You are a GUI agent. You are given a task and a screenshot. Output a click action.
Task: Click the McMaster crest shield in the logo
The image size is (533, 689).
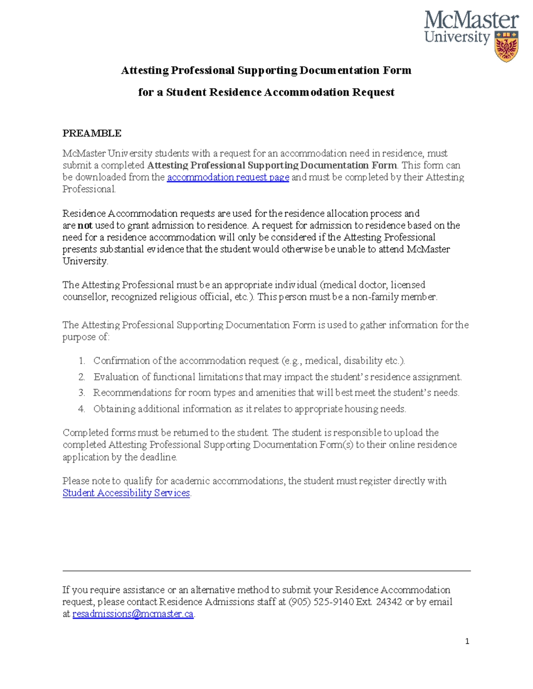pyautogui.click(x=506, y=47)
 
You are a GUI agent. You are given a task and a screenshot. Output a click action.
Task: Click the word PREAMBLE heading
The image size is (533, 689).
pyautogui.click(x=92, y=134)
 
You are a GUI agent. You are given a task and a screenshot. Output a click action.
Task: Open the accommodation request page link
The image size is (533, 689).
pyautogui.click(x=228, y=177)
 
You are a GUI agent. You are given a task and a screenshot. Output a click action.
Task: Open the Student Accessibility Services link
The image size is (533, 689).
pyautogui.click(x=126, y=493)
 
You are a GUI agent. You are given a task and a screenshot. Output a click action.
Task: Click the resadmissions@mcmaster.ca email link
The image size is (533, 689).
pyautogui.click(x=133, y=614)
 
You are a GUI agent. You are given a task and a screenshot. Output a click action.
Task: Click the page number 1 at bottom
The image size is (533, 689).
pyautogui.click(x=467, y=641)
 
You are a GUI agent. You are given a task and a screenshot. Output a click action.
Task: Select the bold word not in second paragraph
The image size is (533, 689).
pyautogui.click(x=85, y=225)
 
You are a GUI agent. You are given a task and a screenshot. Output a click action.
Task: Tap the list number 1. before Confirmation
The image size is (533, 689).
pyautogui.click(x=81, y=361)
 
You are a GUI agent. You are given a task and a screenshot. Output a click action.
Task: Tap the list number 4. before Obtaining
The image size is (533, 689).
pyautogui.click(x=81, y=409)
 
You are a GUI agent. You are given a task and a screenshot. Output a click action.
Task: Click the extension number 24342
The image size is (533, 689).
pyautogui.click(x=389, y=602)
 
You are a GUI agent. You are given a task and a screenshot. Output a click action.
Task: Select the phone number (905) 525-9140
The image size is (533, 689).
pyautogui.click(x=321, y=602)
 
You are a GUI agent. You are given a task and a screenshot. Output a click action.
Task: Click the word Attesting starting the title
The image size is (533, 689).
pyautogui.click(x=145, y=71)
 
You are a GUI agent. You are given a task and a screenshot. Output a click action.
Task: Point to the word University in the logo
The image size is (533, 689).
pyautogui.click(x=457, y=37)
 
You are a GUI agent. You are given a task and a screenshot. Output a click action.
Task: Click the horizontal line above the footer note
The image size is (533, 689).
pyautogui.click(x=266, y=571)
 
